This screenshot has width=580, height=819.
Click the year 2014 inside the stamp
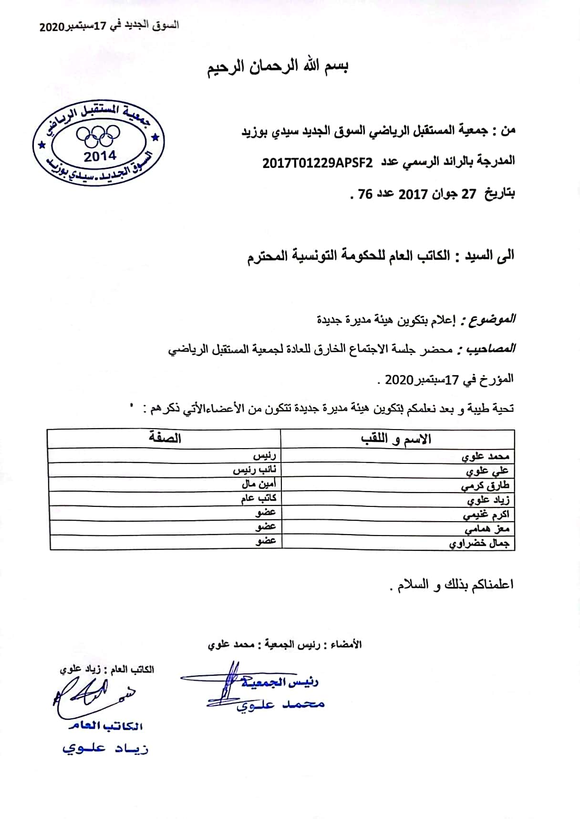coord(100,156)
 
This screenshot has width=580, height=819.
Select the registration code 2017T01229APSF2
coord(317,162)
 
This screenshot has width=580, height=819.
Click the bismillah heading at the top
coord(278,66)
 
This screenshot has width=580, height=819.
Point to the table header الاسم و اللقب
coord(396,439)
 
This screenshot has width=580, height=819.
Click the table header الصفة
coord(165,438)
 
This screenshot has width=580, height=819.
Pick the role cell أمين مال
coord(259,484)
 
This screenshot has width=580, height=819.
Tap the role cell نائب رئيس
coord(254,470)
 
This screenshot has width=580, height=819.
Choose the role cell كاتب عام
coord(259,499)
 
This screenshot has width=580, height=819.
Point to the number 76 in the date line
coord(365,194)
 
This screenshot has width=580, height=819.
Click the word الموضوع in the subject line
coord(492,319)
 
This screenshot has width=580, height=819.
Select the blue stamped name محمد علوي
coord(280,704)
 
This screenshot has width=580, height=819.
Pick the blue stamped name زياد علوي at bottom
coord(105,748)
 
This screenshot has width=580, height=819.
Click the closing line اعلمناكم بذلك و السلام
coord(452,585)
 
